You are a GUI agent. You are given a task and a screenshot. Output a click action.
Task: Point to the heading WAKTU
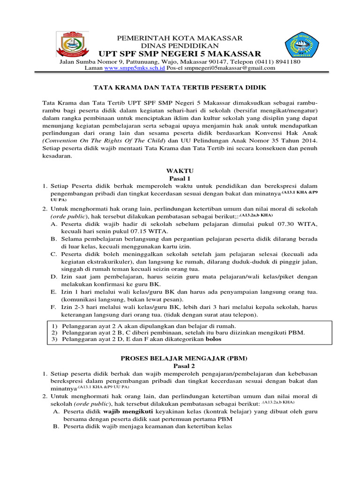[180, 172]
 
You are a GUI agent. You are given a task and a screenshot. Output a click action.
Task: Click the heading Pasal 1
[180, 179]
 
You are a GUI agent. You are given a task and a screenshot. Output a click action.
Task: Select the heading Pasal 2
[180, 365]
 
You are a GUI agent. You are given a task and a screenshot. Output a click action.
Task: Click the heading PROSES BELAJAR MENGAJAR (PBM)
[180, 358]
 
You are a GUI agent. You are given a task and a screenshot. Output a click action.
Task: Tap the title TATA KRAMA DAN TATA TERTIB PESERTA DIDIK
[180, 88]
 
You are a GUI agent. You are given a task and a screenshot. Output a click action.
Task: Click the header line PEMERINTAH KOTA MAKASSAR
[180, 38]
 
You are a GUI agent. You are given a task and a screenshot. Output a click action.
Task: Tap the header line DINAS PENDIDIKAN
[180, 45]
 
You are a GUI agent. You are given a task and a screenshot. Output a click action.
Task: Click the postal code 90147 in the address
[214, 61]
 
